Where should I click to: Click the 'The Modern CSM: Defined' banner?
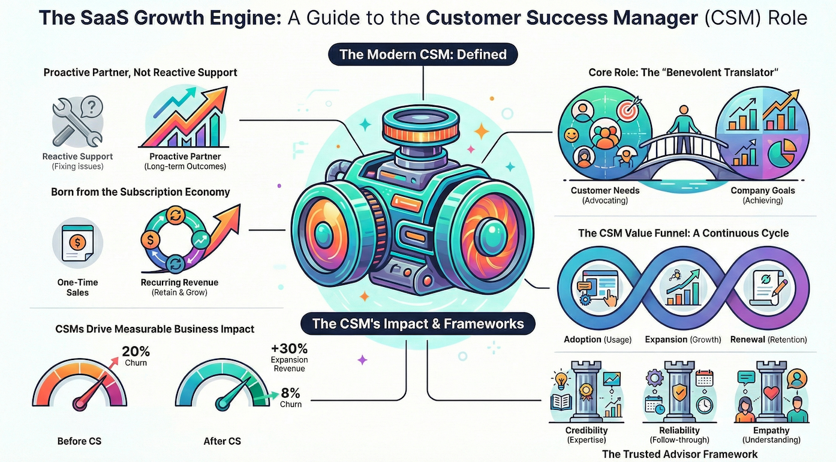pyautogui.click(x=423, y=55)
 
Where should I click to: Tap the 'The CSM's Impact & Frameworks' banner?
pyautogui.click(x=418, y=325)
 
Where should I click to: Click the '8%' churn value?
pyautogui.click(x=290, y=394)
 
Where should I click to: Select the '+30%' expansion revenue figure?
pyautogui.click(x=290, y=349)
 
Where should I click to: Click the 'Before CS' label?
pyautogui.click(x=79, y=441)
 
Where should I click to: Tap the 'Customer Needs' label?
pyautogui.click(x=605, y=190)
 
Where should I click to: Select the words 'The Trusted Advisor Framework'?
pyautogui.click(x=679, y=454)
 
